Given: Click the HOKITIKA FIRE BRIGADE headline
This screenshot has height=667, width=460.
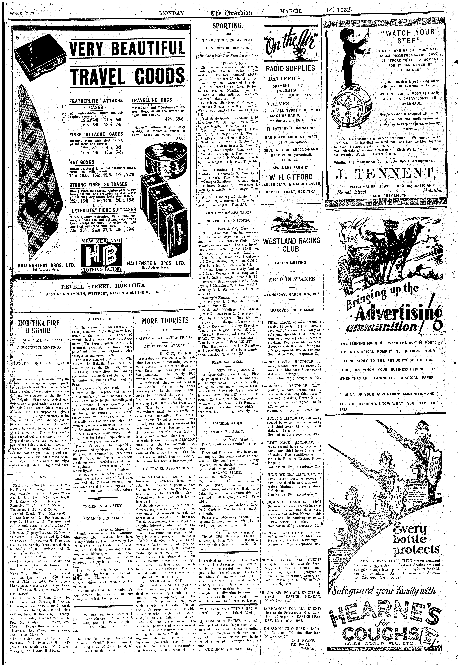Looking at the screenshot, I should [x=39, y=326].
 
